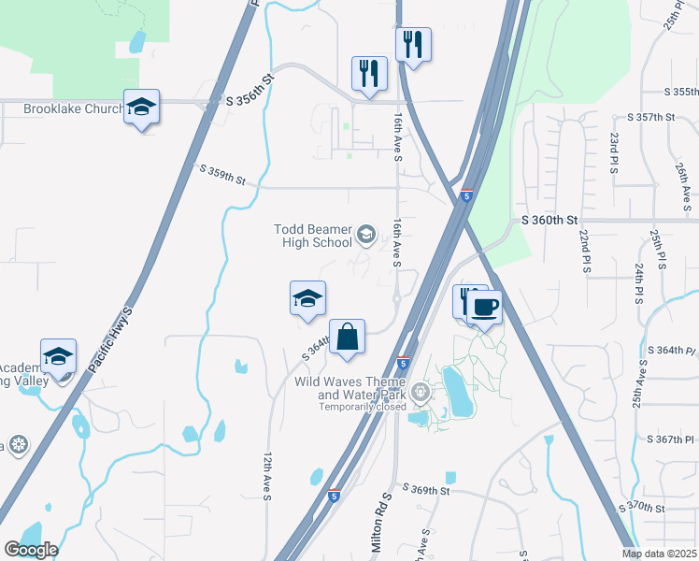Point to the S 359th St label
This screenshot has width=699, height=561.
[222, 174]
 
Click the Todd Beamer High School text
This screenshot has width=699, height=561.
[313, 236]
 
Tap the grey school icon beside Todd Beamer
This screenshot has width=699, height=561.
[366, 235]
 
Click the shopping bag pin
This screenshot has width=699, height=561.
[347, 337]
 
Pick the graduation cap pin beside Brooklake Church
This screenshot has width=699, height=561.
[141, 108]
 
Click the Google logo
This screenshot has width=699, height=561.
[30, 550]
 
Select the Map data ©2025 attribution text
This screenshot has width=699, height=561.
[659, 554]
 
